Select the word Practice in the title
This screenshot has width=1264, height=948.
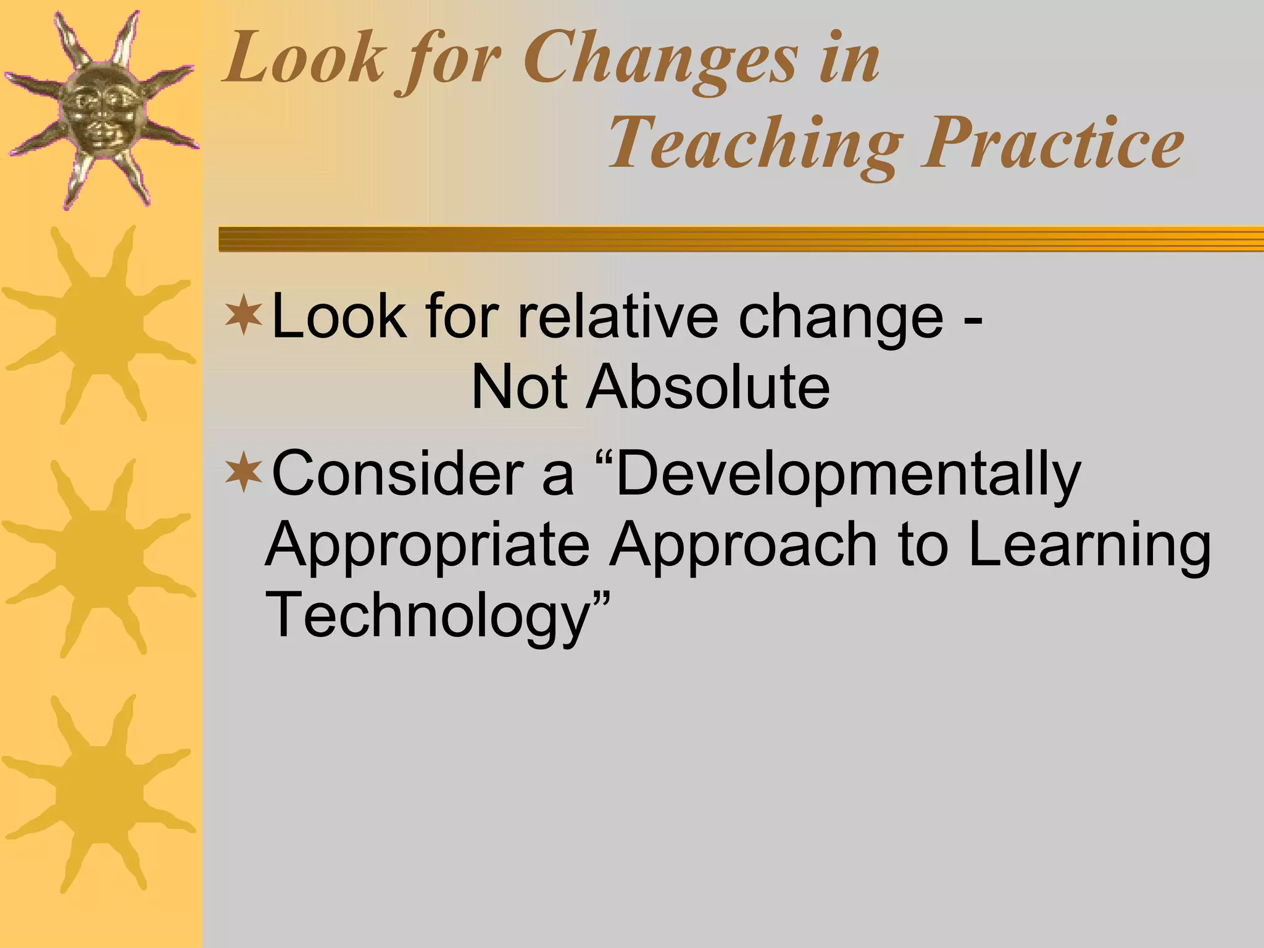pos(1052,143)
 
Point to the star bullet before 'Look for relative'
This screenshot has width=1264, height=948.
pos(244,316)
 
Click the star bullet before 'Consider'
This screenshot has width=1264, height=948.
pos(244,474)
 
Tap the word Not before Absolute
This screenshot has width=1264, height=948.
pos(518,388)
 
